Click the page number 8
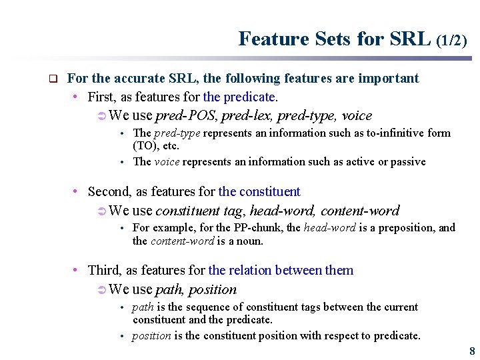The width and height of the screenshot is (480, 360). [472, 351]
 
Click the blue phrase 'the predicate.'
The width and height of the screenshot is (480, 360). [241, 97]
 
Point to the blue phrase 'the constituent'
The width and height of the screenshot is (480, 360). [259, 192]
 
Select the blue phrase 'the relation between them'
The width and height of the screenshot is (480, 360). [281, 270]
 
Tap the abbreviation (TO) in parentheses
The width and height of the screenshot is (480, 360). [145, 145]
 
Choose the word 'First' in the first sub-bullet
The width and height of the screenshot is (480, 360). [101, 97]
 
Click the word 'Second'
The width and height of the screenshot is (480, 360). [109, 192]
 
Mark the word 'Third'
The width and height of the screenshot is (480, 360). [103, 270]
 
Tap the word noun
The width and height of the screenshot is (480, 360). [250, 241]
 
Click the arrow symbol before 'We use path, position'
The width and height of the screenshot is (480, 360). [101, 289]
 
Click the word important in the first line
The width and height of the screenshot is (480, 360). [389, 79]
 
